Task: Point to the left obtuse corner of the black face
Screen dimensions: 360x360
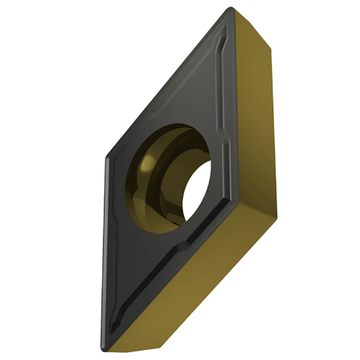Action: click(x=107, y=158)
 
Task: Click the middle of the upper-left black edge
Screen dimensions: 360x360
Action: click(x=168, y=84)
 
